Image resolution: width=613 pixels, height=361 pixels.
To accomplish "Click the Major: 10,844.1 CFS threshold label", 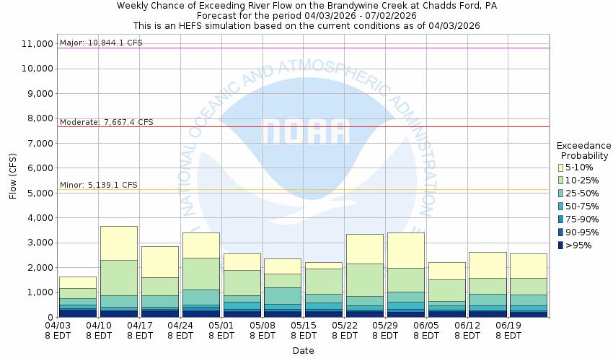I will coord(101,43).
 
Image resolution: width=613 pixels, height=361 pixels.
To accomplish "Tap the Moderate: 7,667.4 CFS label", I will coord(106,123).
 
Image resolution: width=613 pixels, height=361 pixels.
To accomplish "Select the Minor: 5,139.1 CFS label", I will coord(98,185).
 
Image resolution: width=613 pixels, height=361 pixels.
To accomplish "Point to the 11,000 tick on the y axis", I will coord(38,44).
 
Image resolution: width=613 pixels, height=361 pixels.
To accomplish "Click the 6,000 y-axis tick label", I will coord(40,168).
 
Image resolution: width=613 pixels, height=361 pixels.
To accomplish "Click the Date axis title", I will coord(303,351).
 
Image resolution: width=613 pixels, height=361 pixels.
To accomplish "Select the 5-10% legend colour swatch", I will coord(560,168).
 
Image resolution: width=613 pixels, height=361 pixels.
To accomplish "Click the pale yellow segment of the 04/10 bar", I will coord(118,243).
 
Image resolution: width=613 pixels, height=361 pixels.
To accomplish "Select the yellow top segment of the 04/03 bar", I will coord(77,282).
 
